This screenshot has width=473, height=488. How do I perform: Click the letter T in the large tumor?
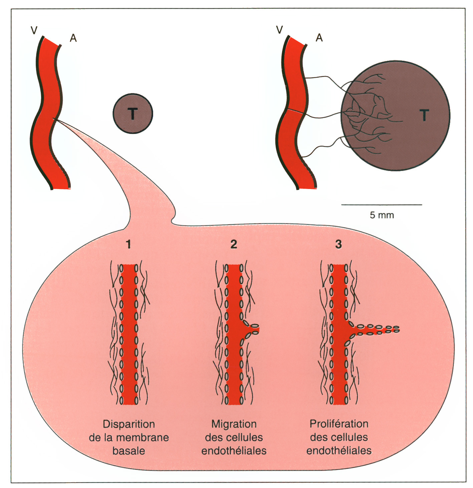coord(424,115)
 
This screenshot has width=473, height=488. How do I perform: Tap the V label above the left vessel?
coord(34,31)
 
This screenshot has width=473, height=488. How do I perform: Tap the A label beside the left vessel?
coord(73,38)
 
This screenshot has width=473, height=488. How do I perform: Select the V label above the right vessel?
coord(280,30)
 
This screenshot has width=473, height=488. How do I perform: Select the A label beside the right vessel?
coord(319,38)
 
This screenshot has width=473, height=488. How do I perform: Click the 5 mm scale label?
coord(382,215)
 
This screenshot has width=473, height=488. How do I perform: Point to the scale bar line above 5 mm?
coord(382,205)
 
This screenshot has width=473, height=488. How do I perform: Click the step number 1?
coord(129,244)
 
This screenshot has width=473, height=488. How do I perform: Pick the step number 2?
coord(234,244)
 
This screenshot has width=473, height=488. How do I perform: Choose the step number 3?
coord(338,244)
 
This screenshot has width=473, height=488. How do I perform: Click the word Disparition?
coord(129,424)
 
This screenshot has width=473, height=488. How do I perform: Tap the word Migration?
coord(234,424)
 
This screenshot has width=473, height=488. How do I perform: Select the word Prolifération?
coord(339,424)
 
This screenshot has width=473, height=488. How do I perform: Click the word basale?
coord(129,451)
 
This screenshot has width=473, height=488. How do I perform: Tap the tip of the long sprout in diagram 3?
coord(397,329)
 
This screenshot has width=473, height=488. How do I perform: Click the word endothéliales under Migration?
coord(234,451)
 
